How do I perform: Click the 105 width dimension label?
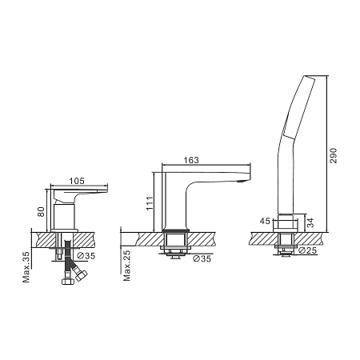[77, 181]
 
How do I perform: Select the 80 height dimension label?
[41, 212]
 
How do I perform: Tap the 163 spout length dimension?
[191, 160]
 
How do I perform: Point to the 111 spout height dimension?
[150, 203]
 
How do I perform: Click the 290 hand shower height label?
[334, 155]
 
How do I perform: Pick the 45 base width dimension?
[265, 221]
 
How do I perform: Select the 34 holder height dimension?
[310, 222]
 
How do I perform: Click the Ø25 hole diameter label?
[307, 250]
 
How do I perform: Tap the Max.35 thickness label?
[26, 266]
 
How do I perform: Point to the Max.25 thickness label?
[127, 266]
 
